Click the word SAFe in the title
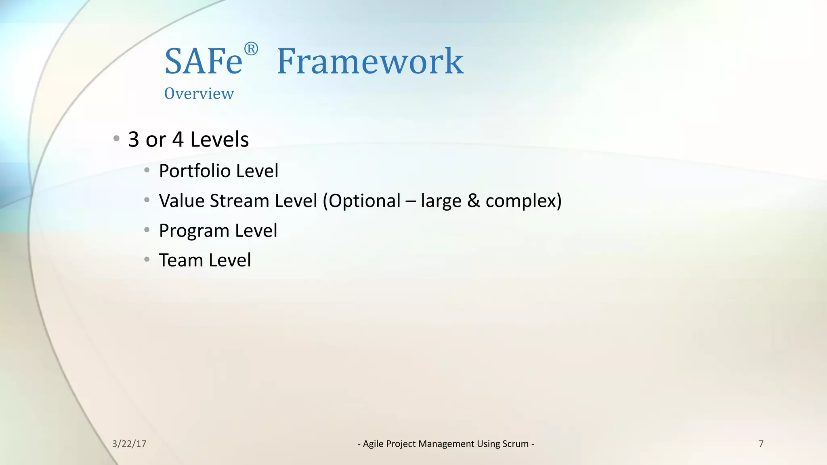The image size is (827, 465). pos(203,62)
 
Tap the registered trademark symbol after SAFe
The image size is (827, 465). pos(251,49)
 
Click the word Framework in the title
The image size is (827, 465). pos(370,62)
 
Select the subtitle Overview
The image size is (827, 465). pos(199,94)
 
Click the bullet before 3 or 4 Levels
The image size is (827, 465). pos(116,139)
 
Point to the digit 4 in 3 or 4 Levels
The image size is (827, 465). pos(178,140)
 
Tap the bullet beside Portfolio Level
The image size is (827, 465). pos(147,170)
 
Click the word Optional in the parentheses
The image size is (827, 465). pos(365,201)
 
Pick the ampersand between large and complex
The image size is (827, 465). pos(473,201)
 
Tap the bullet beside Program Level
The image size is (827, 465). pos(147,230)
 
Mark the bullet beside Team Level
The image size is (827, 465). pos(147,259)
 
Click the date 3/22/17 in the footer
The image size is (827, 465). pos(129,444)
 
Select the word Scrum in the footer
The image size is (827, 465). pos(515,444)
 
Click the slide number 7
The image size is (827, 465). pos(761,444)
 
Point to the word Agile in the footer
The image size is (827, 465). pos(373,444)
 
